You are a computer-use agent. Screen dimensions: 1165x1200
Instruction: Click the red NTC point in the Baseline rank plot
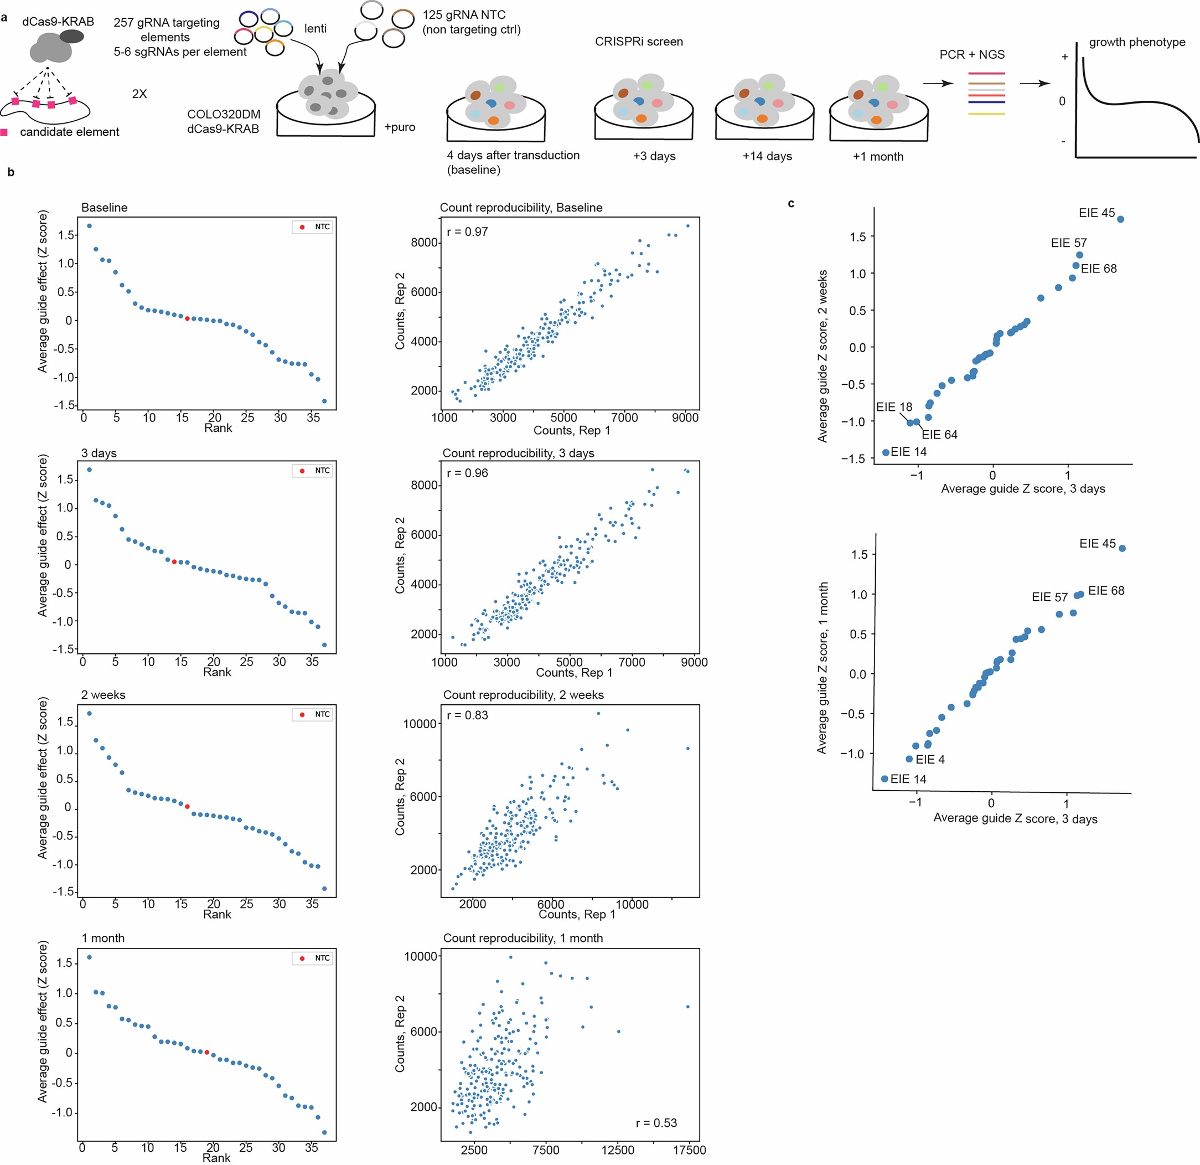[187, 318]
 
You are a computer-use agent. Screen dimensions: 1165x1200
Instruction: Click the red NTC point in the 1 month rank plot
[207, 1052]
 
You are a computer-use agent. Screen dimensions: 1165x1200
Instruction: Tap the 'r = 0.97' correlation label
[467, 231]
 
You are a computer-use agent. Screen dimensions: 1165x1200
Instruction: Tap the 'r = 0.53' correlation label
[656, 1123]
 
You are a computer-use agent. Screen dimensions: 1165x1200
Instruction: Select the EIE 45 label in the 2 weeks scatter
[1096, 213]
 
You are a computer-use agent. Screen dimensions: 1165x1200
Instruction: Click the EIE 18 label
[894, 407]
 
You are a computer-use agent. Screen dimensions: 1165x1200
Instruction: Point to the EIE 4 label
[930, 760]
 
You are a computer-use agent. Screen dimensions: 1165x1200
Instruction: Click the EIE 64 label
[939, 434]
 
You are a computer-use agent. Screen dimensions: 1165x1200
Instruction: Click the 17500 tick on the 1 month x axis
[689, 1150]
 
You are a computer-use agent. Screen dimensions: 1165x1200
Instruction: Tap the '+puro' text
[400, 127]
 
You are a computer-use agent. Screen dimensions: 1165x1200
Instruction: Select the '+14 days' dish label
[767, 156]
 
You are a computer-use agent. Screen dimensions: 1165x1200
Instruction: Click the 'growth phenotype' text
[1137, 42]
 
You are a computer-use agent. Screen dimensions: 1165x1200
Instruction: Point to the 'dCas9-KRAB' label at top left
[58, 22]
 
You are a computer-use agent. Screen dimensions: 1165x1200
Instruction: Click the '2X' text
[139, 94]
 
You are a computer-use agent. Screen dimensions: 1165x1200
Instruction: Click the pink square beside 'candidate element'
[4, 132]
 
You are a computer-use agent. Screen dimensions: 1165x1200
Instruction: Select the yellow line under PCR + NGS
[986, 114]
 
